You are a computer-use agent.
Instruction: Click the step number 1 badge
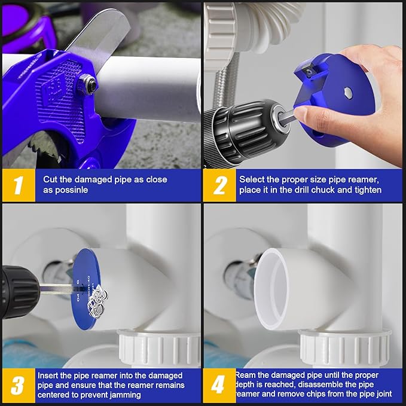point(18,185)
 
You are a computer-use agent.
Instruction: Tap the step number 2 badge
point(219,185)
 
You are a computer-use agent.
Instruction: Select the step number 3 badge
point(18,385)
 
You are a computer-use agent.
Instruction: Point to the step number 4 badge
point(219,385)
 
